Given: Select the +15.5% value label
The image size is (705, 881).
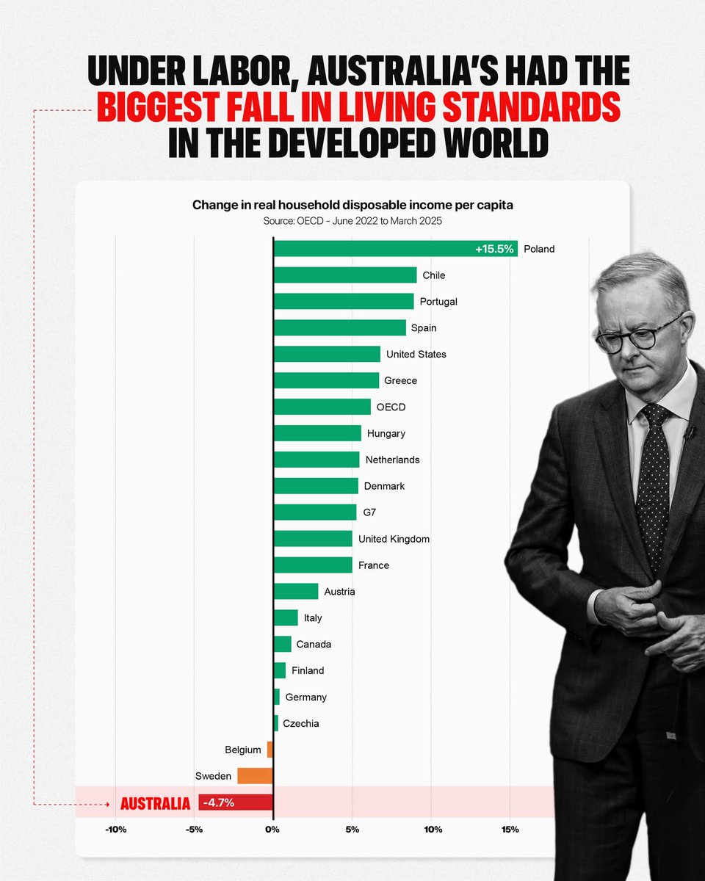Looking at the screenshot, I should point(493,249).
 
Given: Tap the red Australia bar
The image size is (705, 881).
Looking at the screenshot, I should point(235,802).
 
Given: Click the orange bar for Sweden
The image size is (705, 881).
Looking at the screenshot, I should point(255,776).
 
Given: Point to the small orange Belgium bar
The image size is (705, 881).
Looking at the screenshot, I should point(270,750).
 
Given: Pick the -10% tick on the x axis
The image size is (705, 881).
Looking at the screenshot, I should point(115,830).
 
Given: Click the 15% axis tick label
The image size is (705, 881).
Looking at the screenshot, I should point(510,830).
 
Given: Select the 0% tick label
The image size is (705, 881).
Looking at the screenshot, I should point(272,830).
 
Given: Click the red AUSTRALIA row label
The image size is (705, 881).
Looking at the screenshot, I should point(155,803).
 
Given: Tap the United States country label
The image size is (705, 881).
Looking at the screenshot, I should point(416,354).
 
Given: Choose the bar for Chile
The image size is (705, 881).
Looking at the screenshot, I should point(344,275).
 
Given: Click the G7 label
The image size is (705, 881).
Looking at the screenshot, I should point(370,512).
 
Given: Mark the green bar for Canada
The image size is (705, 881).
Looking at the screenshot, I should point(282,644).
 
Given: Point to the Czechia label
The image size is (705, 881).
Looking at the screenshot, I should point(300,723).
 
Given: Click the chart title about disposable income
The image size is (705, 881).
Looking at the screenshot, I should point(352,205).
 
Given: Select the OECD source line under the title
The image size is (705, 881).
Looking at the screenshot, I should point(352,220).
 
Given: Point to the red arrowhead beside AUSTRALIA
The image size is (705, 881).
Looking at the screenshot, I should point(108,804).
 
